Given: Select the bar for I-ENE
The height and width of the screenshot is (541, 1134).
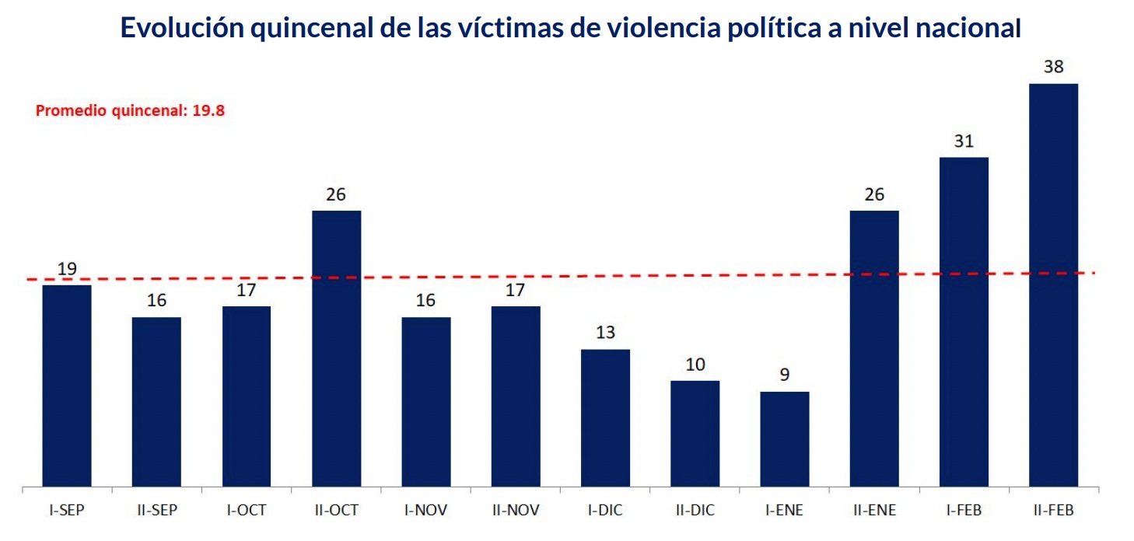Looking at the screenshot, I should [x=784, y=439].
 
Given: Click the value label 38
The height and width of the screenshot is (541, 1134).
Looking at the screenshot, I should [x=1053, y=67].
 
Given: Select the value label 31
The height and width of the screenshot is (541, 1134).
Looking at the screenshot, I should [x=964, y=141].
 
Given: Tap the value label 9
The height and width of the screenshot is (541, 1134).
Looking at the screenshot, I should [x=785, y=375].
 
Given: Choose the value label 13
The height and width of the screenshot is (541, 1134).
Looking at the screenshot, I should [x=605, y=333].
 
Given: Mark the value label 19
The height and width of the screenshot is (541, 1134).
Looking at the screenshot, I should [x=67, y=269].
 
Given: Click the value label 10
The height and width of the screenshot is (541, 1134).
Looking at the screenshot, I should [x=695, y=365].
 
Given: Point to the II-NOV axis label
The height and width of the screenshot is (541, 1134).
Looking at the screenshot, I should [x=516, y=511].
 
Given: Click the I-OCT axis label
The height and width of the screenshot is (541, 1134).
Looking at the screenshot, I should [x=247, y=511].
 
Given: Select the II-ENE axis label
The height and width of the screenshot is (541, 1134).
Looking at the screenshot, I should [x=874, y=511].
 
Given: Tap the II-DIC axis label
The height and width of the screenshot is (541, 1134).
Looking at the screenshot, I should [x=695, y=511].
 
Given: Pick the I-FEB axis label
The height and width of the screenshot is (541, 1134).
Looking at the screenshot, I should [x=964, y=511].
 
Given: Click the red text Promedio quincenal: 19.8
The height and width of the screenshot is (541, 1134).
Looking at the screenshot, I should [x=131, y=110].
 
